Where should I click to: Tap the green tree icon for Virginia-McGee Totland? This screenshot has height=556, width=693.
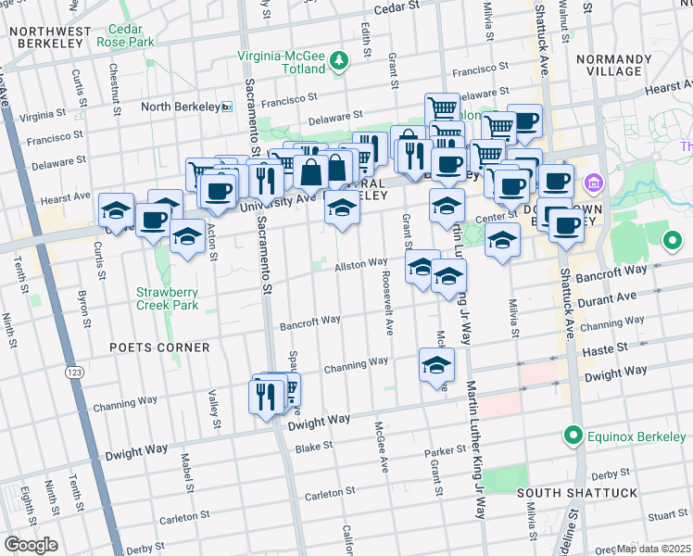click(340, 61)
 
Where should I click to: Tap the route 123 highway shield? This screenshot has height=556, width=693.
click(71, 373)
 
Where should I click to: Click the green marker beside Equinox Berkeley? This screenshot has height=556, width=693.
click(574, 434)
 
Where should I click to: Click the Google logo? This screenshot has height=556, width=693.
click(31, 544)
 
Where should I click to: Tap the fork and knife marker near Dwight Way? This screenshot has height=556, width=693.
click(266, 398)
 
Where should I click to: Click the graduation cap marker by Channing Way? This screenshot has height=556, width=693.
click(436, 366)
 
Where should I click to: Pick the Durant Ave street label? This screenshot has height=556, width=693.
click(607, 299)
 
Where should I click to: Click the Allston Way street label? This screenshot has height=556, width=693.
click(360, 264)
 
